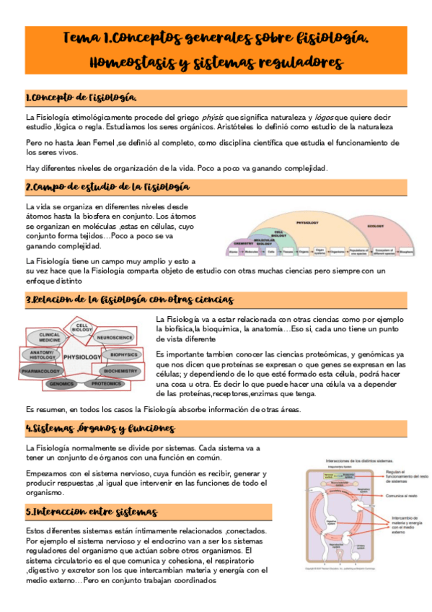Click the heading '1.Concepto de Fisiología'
(81, 97)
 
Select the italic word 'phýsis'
(210, 117)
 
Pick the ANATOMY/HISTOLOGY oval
(43, 354)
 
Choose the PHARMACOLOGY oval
(43, 371)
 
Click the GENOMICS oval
(62, 384)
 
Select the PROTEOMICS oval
(106, 384)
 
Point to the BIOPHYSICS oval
(124, 354)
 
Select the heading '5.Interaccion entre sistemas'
(91, 512)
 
